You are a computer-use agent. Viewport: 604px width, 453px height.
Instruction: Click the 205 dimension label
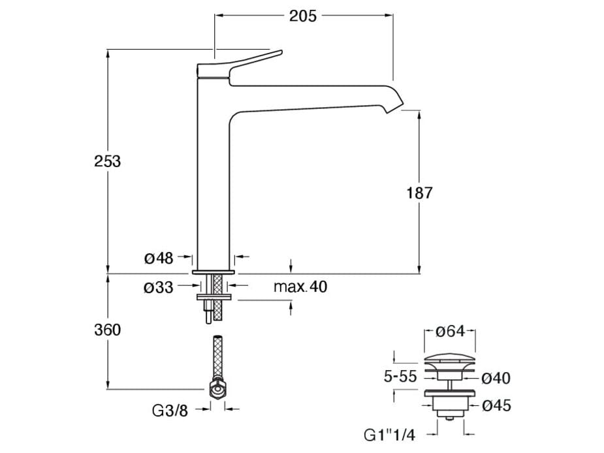[303, 16]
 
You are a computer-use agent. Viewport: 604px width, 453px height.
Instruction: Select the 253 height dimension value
[107, 161]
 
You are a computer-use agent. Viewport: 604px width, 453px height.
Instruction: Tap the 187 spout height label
[419, 193]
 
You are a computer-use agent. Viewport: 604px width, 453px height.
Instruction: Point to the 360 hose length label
[107, 330]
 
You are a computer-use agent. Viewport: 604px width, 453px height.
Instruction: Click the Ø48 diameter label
[159, 258]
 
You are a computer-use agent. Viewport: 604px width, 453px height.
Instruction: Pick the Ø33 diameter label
[159, 287]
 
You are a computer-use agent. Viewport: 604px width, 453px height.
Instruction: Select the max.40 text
[300, 287]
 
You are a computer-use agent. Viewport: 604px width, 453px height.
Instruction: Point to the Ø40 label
[496, 377]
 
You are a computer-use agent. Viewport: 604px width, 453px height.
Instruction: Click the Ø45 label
[496, 406]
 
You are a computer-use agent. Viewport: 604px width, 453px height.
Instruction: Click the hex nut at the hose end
[217, 389]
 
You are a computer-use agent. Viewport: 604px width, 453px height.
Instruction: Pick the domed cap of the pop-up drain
[447, 360]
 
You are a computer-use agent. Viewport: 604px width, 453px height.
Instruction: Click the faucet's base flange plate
[214, 270]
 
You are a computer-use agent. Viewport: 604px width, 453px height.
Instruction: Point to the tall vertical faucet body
[212, 183]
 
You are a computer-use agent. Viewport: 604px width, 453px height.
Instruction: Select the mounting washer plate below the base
[214, 298]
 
